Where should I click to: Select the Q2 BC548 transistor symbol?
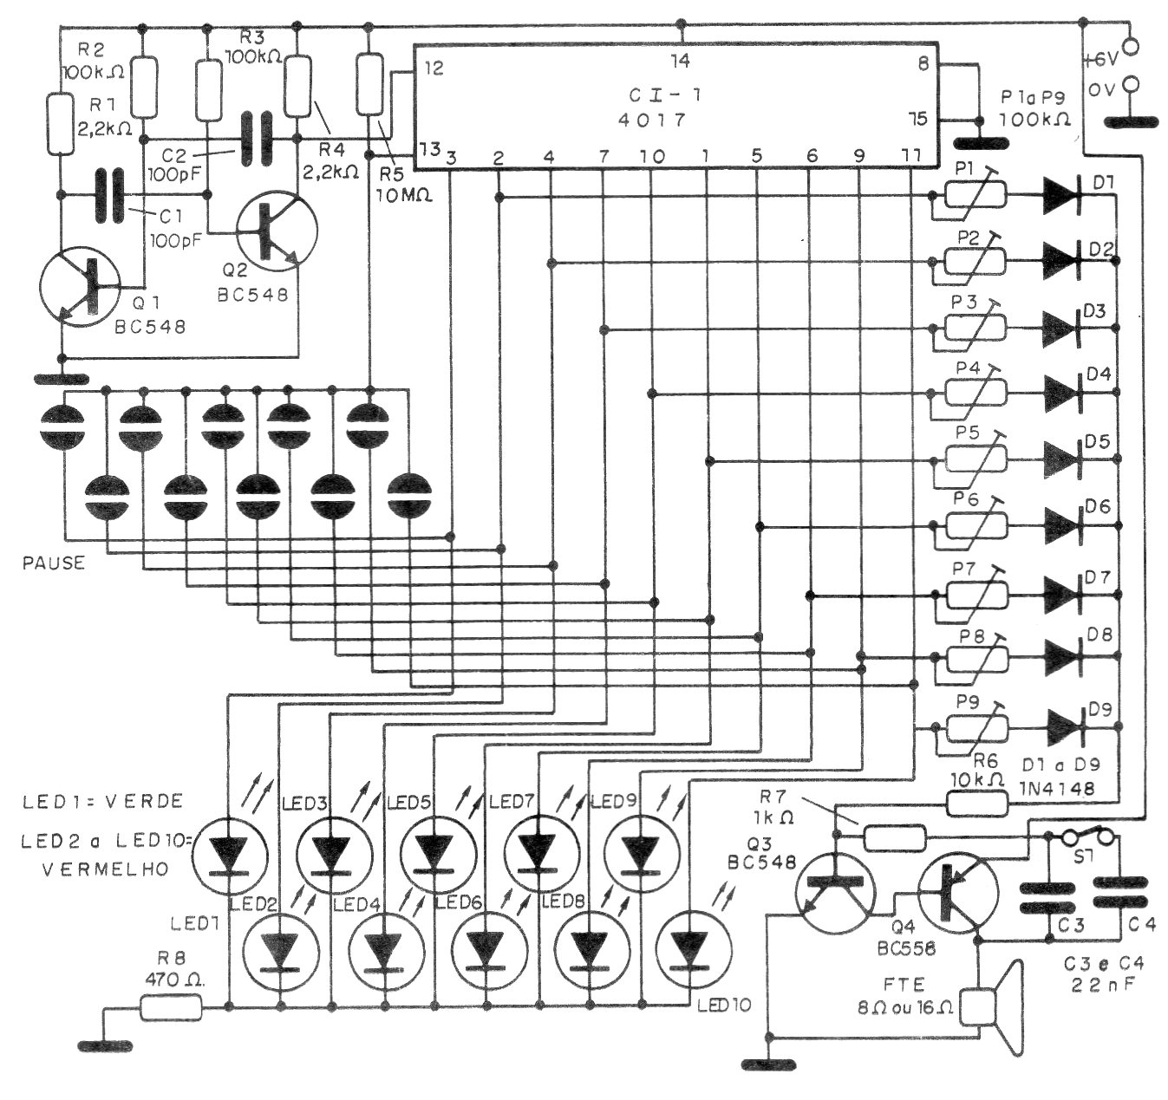coord(277,231)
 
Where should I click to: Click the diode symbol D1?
coord(1062,195)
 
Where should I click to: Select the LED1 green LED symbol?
coord(230,856)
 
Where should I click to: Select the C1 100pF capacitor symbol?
coord(110,196)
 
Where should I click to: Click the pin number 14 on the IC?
coord(680,61)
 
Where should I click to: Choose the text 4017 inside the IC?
coord(651,120)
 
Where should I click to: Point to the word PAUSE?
coord(54,563)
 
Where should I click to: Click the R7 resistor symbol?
coord(895,838)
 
